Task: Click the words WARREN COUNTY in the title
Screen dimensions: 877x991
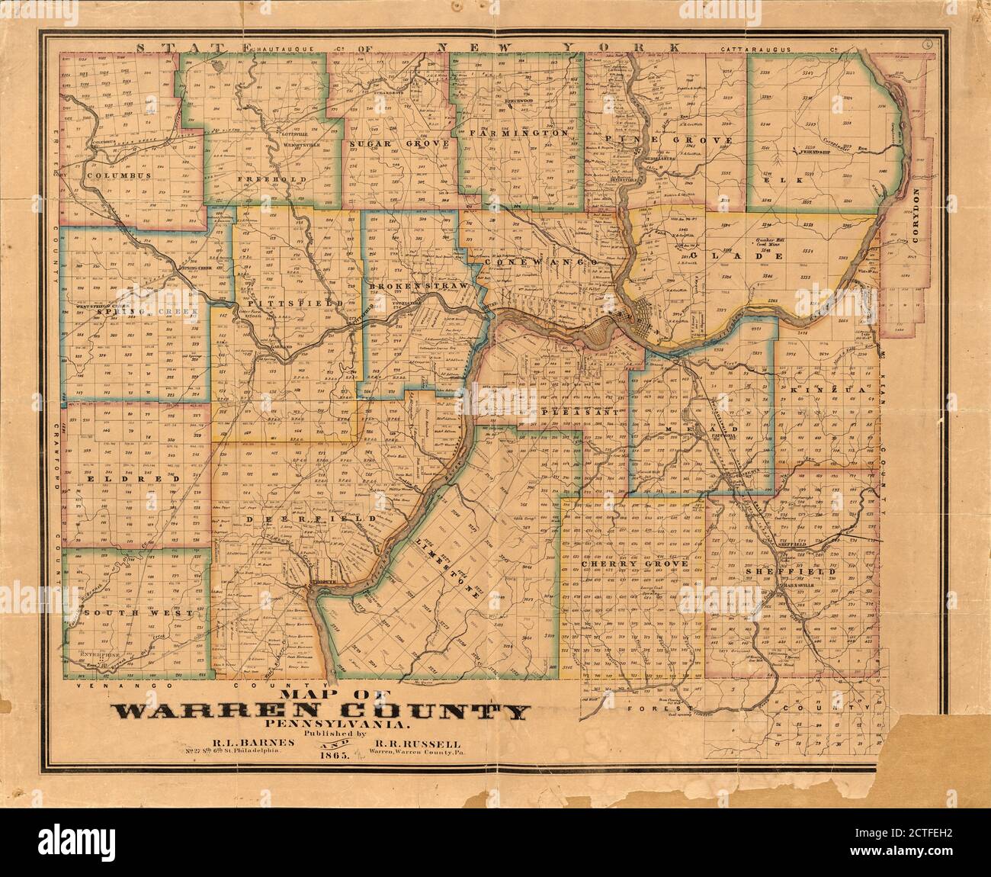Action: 321,713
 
